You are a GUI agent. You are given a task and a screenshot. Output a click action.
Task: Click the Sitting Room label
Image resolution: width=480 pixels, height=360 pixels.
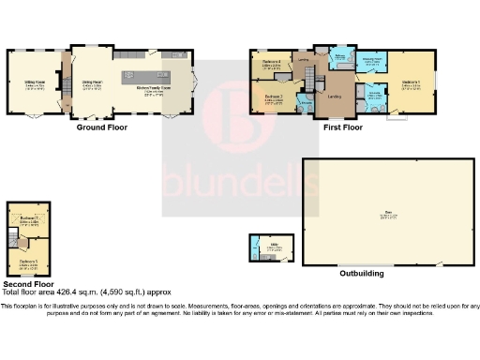(36, 82)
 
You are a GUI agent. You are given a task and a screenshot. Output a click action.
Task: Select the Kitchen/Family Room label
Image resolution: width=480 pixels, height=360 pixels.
(153, 87)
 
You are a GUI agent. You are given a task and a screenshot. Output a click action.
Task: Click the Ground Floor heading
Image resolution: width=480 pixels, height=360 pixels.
(101, 127)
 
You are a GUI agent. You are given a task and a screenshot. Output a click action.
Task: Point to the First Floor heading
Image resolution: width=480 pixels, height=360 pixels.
(344, 126)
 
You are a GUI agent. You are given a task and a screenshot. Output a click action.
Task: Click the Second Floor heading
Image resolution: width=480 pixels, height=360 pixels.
(26, 283)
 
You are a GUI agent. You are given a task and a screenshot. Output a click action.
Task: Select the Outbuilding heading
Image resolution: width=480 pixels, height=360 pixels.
(357, 274)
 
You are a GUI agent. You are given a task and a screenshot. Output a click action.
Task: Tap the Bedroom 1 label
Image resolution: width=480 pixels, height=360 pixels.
(411, 82)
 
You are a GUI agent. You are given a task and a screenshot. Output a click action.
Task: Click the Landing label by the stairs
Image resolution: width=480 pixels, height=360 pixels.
(334, 96)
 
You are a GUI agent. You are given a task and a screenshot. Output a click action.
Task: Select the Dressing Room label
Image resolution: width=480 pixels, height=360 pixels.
(373, 64)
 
